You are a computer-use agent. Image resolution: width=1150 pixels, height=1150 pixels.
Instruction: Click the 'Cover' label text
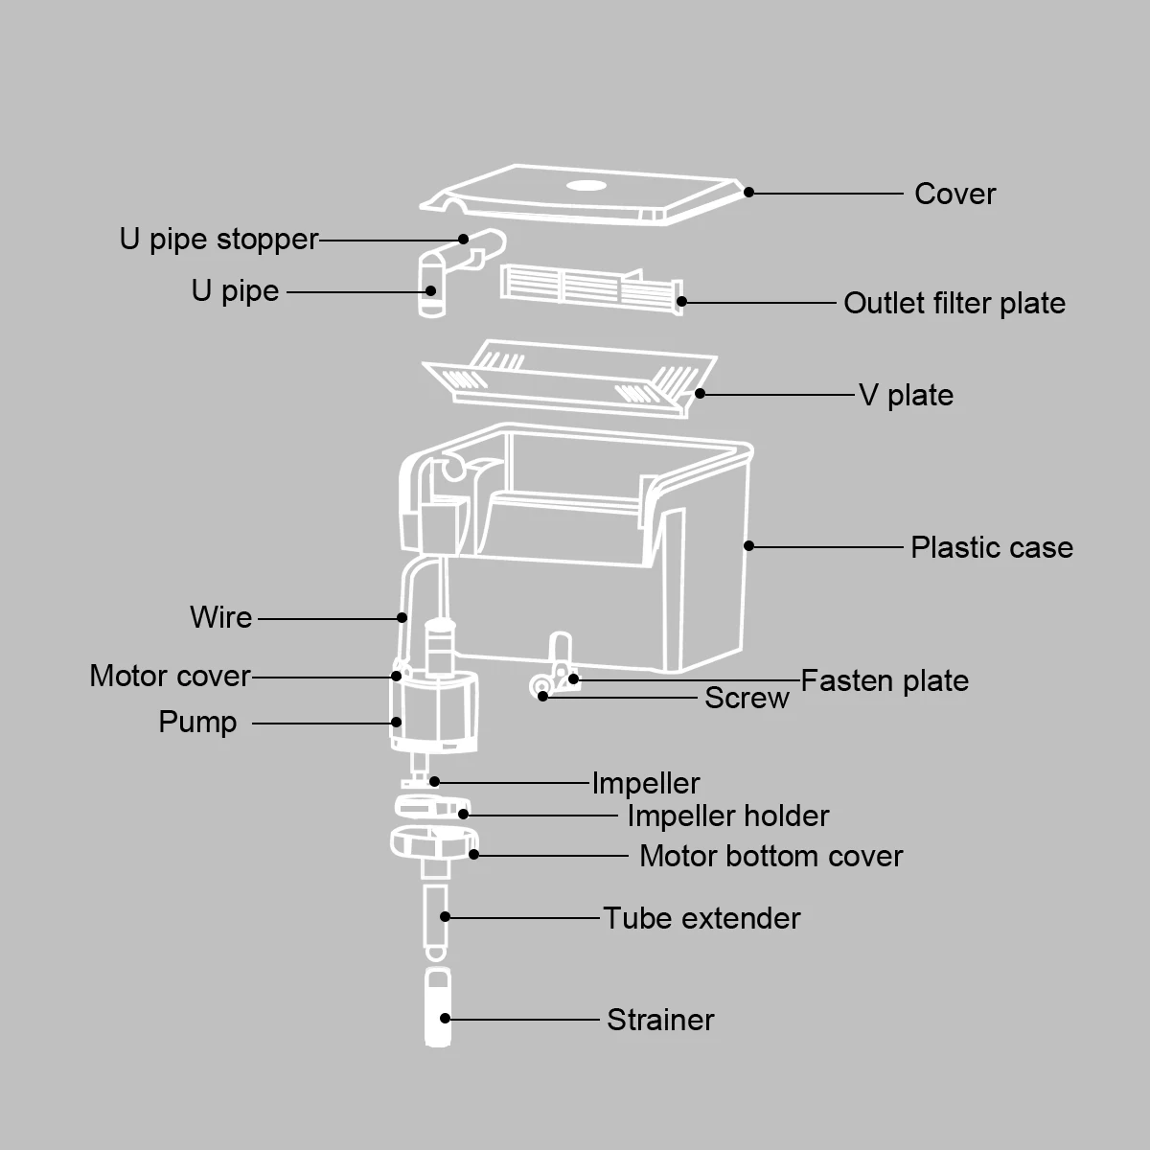click(x=954, y=194)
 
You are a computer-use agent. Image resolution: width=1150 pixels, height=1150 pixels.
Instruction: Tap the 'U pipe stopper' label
click(x=218, y=239)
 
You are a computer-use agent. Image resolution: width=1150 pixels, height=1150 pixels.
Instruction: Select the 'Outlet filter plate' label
click(x=954, y=303)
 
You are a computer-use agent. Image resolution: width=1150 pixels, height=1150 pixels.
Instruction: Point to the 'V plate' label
click(x=906, y=395)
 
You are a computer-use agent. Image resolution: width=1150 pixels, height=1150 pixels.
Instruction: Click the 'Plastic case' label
click(x=991, y=547)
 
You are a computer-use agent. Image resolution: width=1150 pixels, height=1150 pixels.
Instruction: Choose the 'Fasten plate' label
click(x=884, y=680)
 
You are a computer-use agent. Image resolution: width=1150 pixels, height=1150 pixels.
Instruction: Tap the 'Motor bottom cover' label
click(x=770, y=856)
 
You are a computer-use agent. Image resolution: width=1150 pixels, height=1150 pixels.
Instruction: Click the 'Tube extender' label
click(x=701, y=918)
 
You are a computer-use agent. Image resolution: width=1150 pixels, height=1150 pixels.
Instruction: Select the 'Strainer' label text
click(x=660, y=1020)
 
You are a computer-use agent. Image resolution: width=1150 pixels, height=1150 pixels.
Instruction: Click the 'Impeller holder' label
click(x=727, y=816)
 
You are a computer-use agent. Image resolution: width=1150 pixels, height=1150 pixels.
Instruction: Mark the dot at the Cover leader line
click(x=749, y=192)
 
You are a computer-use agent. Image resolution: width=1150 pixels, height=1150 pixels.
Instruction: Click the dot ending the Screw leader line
click(x=543, y=696)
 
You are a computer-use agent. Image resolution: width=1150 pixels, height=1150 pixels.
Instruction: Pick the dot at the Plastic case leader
click(x=749, y=546)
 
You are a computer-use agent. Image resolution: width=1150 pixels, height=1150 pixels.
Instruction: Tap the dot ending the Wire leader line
click(x=402, y=618)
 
